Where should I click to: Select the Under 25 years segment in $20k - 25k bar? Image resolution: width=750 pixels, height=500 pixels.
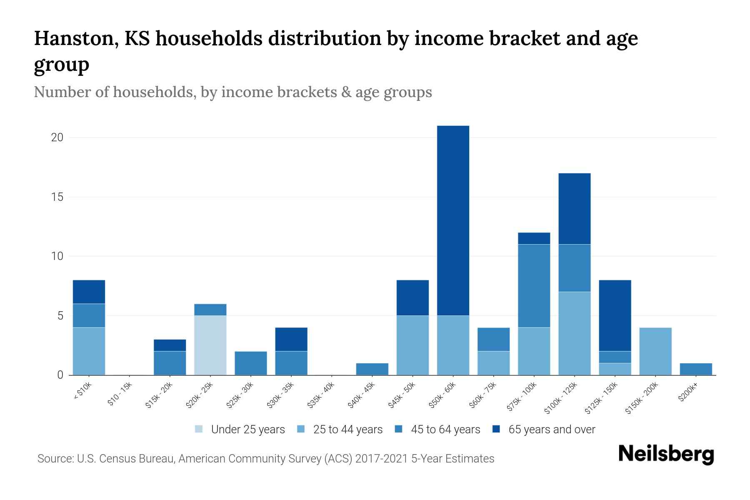[210, 345]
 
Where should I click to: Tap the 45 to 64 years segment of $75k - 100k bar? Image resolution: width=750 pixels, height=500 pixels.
[534, 285]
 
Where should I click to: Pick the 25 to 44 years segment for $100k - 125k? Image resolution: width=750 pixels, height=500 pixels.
[574, 333]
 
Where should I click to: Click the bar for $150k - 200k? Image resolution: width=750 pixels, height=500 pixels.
[655, 351]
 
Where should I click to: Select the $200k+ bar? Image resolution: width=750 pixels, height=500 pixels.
[695, 369]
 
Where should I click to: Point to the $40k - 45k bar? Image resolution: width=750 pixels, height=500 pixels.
[372, 369]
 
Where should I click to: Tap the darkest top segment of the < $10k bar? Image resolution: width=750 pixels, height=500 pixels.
[89, 292]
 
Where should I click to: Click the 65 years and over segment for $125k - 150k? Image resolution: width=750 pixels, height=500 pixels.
[615, 315]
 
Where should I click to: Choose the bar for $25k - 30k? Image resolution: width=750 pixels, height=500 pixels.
[251, 363]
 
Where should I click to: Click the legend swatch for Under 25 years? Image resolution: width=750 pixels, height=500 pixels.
[199, 429]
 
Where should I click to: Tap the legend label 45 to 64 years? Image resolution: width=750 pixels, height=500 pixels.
[445, 430]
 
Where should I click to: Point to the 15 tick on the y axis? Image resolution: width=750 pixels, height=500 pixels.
[57, 197]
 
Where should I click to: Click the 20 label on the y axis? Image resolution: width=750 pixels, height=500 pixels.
[57, 137]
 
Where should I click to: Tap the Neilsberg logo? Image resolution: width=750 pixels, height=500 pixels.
[666, 455]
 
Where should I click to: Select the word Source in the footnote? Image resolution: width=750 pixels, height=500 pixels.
[55, 459]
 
